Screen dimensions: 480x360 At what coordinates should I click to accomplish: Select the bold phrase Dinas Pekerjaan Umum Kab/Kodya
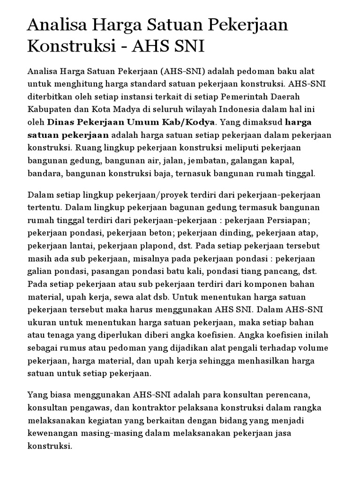(x=131, y=122)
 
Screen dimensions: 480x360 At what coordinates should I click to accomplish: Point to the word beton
(x=158, y=232)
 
